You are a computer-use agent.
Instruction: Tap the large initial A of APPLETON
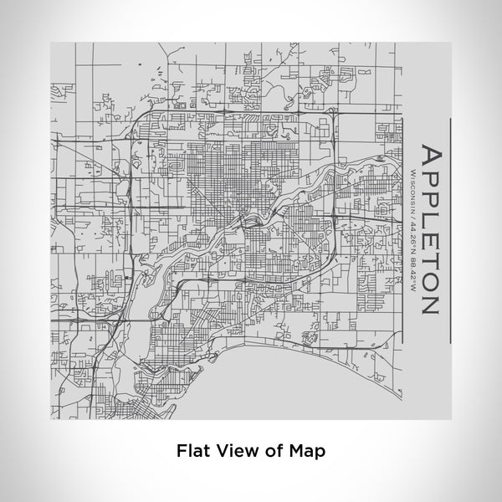coord(428,156)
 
